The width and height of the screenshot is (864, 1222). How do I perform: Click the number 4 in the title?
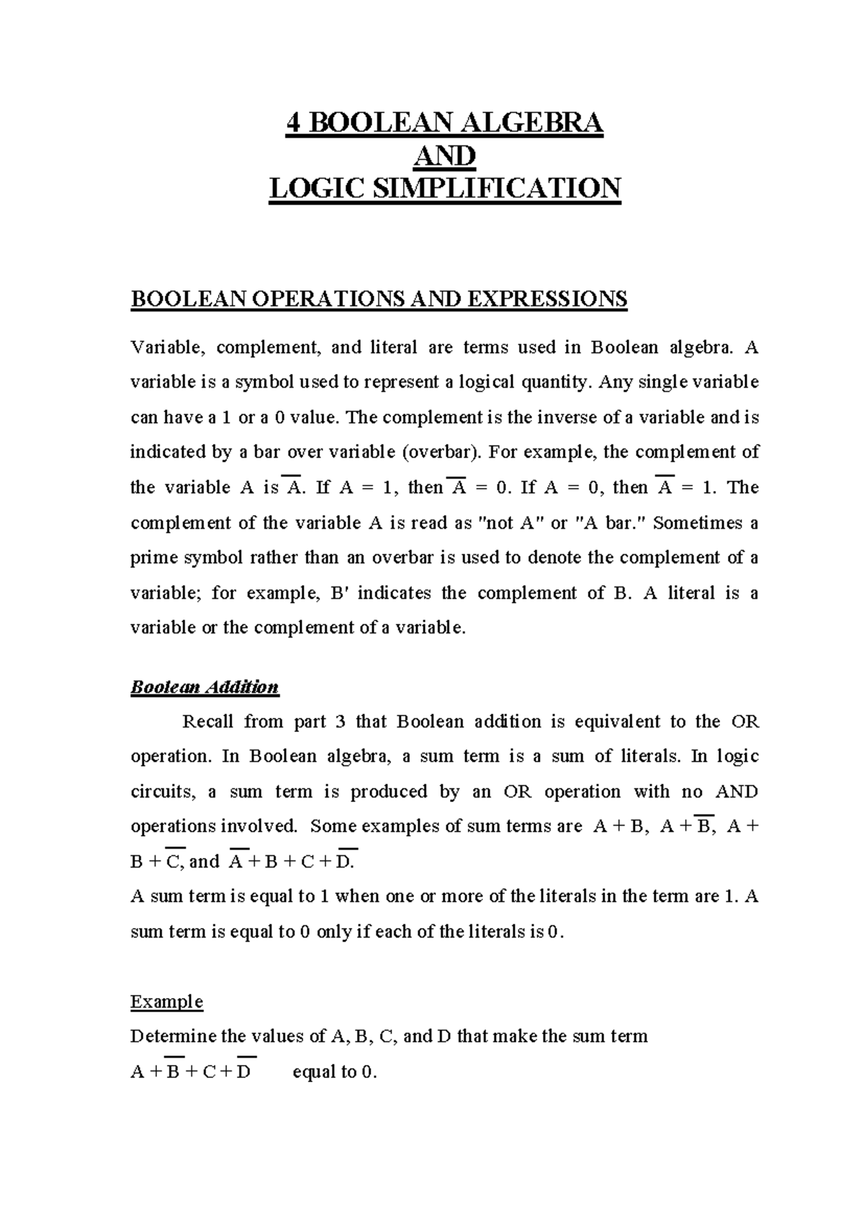click(293, 123)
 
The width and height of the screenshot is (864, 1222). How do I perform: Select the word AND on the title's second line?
click(446, 156)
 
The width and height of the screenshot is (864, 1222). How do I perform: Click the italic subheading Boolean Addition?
click(204, 687)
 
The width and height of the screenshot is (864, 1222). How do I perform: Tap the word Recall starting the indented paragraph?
click(207, 721)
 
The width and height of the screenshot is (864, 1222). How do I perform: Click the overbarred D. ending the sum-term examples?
click(346, 861)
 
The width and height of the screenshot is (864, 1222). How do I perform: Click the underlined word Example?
click(166, 1002)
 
